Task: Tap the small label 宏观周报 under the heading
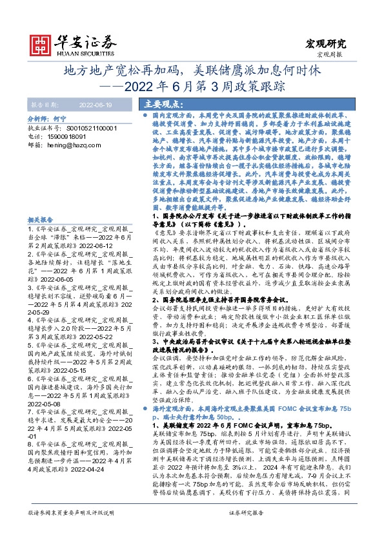point(334,56)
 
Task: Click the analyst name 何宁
point(59,120)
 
